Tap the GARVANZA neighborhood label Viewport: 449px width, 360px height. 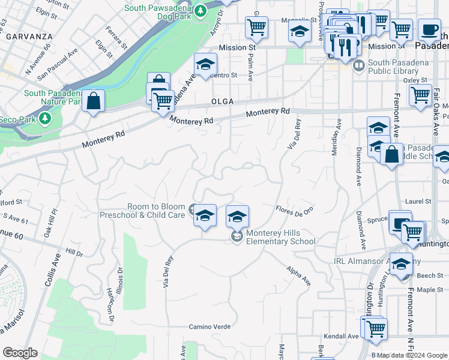point(29,37)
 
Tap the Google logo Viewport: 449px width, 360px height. point(20,353)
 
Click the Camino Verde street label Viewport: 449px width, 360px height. point(210,327)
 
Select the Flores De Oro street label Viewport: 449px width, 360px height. point(294,210)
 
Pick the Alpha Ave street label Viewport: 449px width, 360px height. point(298,276)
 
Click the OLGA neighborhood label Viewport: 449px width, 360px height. point(222,102)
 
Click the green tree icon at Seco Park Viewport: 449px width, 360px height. point(46,119)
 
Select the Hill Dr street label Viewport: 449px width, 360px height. point(74,254)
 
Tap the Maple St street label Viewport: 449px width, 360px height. point(430,290)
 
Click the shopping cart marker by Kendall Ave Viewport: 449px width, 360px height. point(376,328)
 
